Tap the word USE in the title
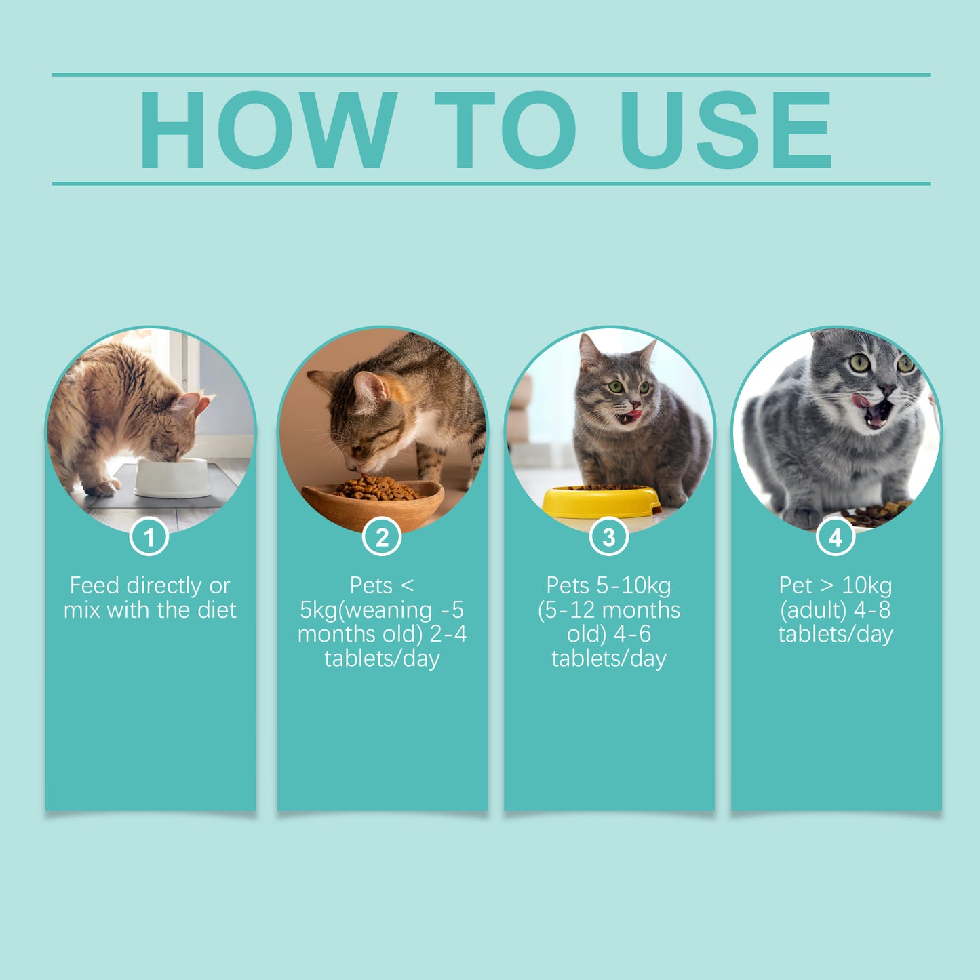pos(725,130)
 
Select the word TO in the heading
pos(505,130)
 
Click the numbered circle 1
pos(149,537)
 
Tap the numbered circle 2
pos(382,537)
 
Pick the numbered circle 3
pos(608,537)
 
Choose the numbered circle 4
pos(836,537)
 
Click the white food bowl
pos(172,477)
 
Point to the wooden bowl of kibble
pos(373,501)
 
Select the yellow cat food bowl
pos(601,502)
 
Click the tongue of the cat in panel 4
pos(862,401)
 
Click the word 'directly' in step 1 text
pos(164,585)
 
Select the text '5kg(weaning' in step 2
pos(366,610)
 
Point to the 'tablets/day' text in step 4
pos(836,634)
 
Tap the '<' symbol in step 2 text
pos(407,585)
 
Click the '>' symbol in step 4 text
pos(827,585)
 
